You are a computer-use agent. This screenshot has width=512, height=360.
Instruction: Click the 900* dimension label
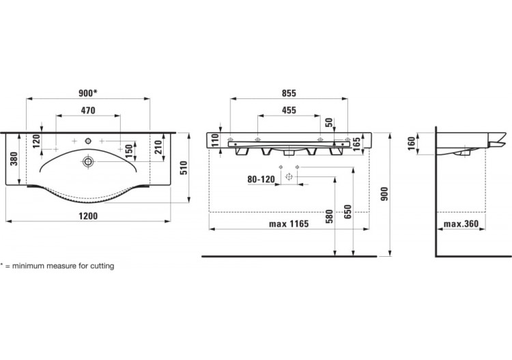[88, 93]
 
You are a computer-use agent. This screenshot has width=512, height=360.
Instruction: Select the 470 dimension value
[88, 111]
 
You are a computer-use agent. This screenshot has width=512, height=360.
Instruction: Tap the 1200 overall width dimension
[88, 216]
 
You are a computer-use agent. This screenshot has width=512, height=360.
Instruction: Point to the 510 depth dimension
[184, 168]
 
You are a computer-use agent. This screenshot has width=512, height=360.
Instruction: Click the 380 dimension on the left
[14, 158]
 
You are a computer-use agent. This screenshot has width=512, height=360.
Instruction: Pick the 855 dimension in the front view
[289, 93]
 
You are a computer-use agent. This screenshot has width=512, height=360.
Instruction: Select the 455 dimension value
[289, 110]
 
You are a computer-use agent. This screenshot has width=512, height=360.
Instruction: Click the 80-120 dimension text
[261, 180]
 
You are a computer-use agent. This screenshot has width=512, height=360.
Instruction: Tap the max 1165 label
[289, 224]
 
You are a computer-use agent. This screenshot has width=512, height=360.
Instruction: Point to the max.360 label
[461, 224]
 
